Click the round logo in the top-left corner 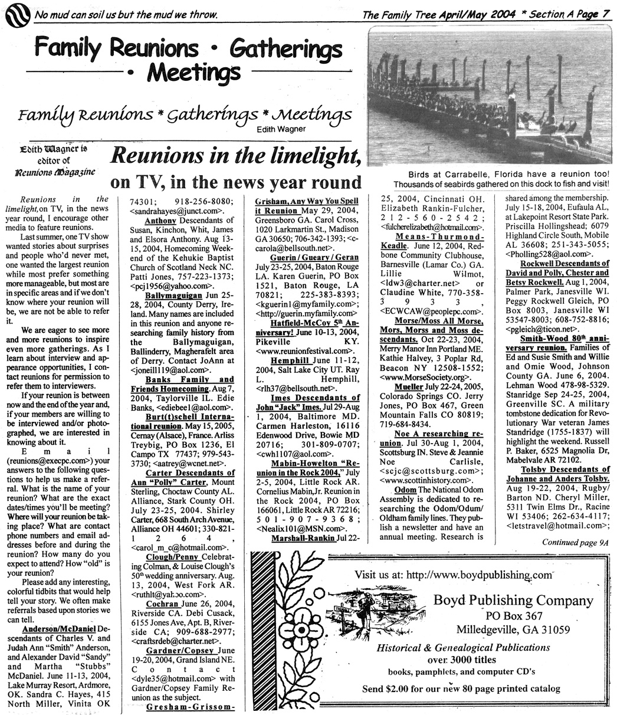coord(17,14)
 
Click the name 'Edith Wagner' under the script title coord(282,130)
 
